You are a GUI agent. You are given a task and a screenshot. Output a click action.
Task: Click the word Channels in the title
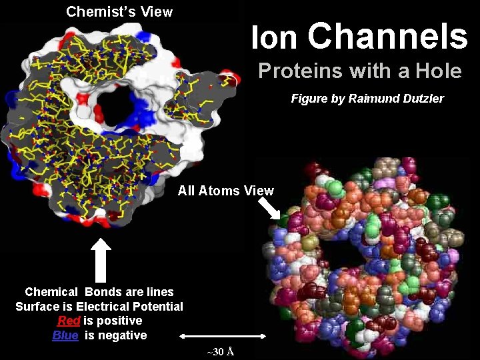tap(388, 37)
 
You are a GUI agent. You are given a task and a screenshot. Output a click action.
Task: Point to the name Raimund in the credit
tap(371, 99)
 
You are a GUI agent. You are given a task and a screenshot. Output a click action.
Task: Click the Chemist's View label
tap(119, 11)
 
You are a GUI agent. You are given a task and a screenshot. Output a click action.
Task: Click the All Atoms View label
tap(225, 191)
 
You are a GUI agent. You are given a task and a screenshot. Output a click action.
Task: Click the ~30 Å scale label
tap(219, 351)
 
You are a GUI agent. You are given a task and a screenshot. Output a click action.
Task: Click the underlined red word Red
tap(69, 321)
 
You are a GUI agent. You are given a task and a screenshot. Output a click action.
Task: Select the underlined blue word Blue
tap(65, 335)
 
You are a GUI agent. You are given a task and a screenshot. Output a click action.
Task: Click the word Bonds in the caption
tap(101, 292)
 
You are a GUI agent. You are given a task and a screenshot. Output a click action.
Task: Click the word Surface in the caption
tap(38, 307)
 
